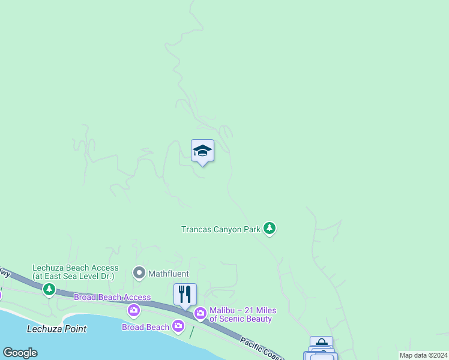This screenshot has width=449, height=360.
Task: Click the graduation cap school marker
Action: [202, 151]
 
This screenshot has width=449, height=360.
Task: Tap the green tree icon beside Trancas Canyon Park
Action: [270, 228]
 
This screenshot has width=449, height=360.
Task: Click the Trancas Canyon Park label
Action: [221, 229]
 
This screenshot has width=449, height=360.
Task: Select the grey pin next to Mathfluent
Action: [139, 274]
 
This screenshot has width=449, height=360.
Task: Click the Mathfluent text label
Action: [169, 274]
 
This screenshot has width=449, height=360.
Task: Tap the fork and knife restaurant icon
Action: [185, 294]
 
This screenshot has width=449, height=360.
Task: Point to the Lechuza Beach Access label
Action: [75, 268]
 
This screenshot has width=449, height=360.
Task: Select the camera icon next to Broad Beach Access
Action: [134, 310]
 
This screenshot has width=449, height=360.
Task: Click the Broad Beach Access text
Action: [112, 297]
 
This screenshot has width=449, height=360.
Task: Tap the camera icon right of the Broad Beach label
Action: [178, 326]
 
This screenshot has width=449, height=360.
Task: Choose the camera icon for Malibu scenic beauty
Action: [200, 313]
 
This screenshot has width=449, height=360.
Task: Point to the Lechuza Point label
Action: [56, 329]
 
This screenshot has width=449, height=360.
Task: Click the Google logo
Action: [20, 353]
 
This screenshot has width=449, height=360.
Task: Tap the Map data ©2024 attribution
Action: [423, 355]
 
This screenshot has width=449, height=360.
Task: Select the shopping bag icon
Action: [321, 344]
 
